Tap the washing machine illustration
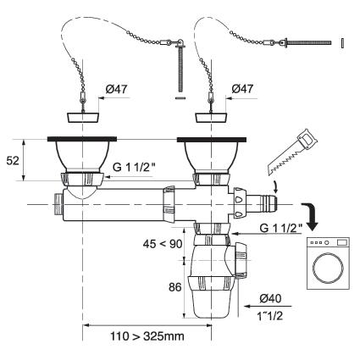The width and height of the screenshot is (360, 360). [x=328, y=263]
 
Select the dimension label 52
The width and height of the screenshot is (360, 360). [x=13, y=160]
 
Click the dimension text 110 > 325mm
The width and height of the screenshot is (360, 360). [x=147, y=336]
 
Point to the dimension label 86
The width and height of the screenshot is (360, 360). [x=175, y=287]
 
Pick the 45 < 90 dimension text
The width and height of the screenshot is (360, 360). [x=163, y=244]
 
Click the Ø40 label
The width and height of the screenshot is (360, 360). [x=270, y=298]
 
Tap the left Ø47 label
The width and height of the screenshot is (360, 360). [x=117, y=89]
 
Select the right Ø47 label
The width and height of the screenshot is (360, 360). [x=242, y=89]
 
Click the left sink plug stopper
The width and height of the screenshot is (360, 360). [x=83, y=118]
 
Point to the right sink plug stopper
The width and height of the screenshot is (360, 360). [x=212, y=118]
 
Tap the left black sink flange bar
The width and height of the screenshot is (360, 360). [x=82, y=139]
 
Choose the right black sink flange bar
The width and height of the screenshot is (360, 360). [x=212, y=139]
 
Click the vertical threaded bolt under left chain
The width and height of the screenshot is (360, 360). [x=180, y=69]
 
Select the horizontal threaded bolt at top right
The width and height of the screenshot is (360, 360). [x=308, y=43]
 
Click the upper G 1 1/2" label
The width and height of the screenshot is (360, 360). [x=134, y=167]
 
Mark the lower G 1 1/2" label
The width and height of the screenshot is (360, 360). [x=281, y=228]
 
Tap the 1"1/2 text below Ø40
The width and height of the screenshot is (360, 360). [x=269, y=316]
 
